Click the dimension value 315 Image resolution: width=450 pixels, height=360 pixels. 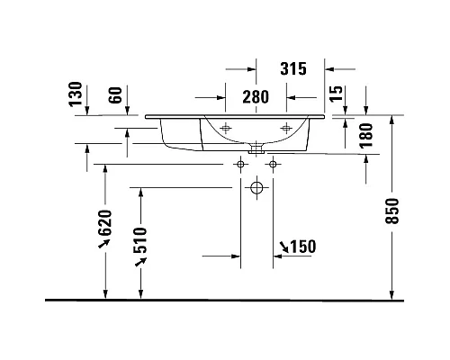point(293,68)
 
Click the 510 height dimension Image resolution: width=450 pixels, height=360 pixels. point(139,237)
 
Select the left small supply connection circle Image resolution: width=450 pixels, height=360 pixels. point(240,165)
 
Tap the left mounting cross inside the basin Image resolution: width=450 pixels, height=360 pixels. point(225,126)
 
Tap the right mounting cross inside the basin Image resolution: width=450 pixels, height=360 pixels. point(287,126)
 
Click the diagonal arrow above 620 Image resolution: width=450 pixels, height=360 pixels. point(103,244)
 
